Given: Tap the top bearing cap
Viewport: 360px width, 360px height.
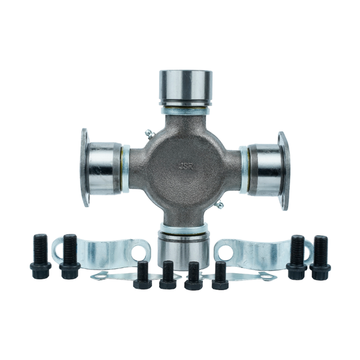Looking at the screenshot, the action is click(x=185, y=88).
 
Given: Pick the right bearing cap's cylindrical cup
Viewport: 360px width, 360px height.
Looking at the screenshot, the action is click(x=265, y=170).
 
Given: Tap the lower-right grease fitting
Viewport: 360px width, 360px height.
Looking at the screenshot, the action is click(x=219, y=204).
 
